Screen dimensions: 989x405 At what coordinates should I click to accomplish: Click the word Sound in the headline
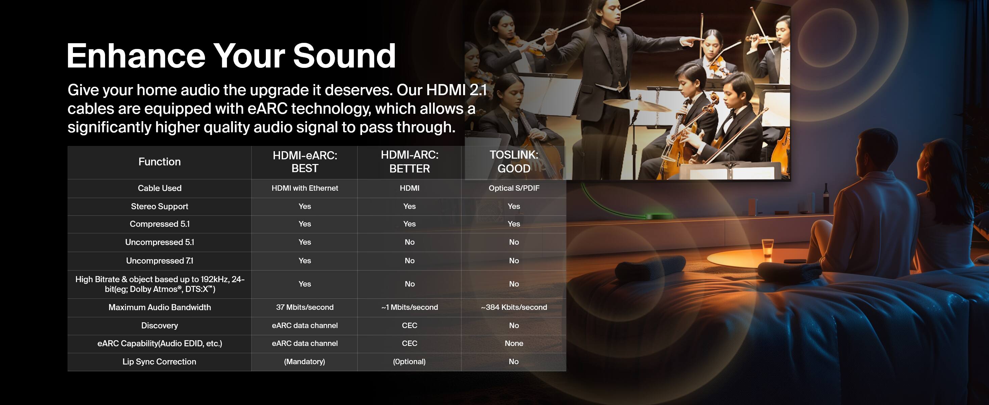[x=345, y=56]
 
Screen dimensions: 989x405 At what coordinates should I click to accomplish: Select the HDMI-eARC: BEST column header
[x=305, y=162]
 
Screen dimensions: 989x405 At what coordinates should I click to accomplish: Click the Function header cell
[x=159, y=162]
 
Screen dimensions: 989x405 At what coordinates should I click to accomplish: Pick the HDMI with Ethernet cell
[x=305, y=188]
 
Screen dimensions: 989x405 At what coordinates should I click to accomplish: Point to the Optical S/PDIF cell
[x=514, y=188]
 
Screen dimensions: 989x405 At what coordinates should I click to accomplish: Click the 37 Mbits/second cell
[x=305, y=307]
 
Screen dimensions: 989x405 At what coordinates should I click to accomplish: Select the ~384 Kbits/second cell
[x=514, y=307]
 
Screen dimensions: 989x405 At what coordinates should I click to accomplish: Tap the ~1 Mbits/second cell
[x=410, y=307]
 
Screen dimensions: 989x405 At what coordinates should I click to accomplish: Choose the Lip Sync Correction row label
[x=159, y=362]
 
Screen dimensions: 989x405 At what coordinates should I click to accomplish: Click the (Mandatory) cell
[x=304, y=362]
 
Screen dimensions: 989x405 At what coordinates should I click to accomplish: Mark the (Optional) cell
[x=409, y=362]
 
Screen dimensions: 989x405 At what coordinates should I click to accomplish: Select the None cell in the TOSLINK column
[x=514, y=344]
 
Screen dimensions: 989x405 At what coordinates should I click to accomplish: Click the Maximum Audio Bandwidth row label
[x=159, y=307]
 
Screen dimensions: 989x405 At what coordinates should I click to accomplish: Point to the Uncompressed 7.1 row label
[x=159, y=261]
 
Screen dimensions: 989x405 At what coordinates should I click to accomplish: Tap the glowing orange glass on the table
[x=767, y=248]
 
